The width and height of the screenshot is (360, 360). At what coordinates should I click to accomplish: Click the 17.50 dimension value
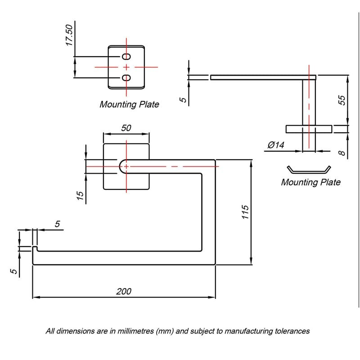click(69, 35)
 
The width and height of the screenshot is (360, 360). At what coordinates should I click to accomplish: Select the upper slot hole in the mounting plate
click(126, 57)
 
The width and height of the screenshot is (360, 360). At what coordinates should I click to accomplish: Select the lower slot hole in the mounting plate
click(126, 78)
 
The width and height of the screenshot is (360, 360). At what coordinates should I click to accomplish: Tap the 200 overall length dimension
click(124, 291)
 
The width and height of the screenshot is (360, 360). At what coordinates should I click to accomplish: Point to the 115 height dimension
click(245, 212)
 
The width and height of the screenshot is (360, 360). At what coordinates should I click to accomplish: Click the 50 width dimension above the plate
click(126, 128)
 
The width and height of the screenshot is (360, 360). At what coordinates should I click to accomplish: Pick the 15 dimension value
click(80, 195)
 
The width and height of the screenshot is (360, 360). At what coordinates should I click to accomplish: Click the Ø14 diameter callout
click(276, 145)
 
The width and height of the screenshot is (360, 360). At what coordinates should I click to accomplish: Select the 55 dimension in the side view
click(342, 100)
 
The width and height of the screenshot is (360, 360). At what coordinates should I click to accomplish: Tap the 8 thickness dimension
click(342, 153)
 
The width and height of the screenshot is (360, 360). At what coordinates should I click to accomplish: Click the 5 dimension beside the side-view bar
click(183, 100)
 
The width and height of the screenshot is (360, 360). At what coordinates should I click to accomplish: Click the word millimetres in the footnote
click(136, 331)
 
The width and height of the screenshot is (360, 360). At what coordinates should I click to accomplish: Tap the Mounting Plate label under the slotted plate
click(129, 104)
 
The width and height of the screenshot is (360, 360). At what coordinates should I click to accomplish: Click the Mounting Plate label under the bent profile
click(310, 182)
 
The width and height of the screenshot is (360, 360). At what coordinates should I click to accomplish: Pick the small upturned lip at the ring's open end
click(35, 249)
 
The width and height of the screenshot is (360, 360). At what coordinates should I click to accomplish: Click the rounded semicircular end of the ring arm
click(121, 166)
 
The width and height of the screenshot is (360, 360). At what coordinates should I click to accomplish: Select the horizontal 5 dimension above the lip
click(57, 224)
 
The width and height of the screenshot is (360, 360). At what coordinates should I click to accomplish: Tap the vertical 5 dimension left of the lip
click(14, 271)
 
